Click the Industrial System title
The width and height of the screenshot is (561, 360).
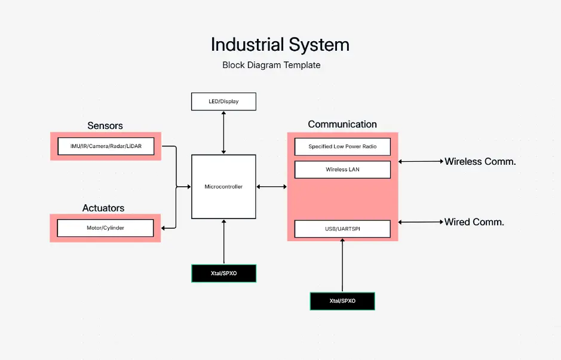[280, 45]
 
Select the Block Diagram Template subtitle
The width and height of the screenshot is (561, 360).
[271, 65]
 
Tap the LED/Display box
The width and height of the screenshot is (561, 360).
[223, 101]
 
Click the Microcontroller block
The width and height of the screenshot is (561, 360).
[223, 187]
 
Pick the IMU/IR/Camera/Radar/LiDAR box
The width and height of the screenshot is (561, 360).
[105, 146]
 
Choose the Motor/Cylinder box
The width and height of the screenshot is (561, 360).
[105, 227]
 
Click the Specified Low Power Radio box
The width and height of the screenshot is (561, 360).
[342, 147]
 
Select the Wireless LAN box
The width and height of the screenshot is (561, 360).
[342, 170]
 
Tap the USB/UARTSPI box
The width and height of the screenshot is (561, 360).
[342, 229]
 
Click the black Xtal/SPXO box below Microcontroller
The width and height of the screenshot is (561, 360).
[223, 273]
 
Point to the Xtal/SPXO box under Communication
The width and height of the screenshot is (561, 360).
[342, 301]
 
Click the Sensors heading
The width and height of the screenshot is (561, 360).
[105, 126]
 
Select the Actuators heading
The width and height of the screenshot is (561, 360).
[103, 208]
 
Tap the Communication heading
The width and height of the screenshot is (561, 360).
[342, 124]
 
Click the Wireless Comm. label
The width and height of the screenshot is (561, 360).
[480, 161]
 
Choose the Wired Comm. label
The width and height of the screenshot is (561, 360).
[474, 222]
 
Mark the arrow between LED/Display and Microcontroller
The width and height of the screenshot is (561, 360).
[223, 133]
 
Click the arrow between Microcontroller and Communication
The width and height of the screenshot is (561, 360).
[271, 187]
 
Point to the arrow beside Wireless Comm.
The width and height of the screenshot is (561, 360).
[421, 161]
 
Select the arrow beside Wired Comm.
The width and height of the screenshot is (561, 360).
[421, 222]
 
